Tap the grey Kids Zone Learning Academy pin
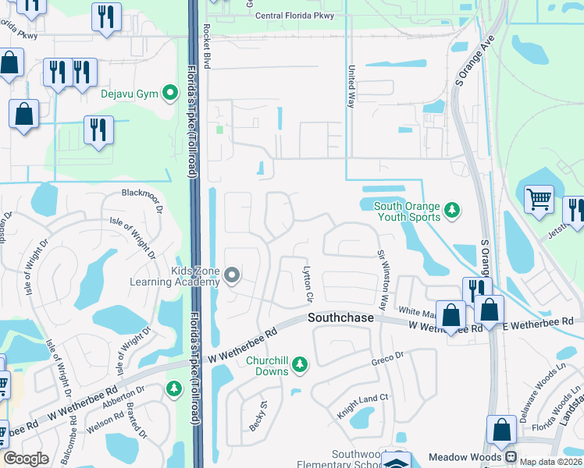tap(231, 275)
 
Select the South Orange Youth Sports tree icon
tap(450, 211)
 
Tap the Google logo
tap(26, 459)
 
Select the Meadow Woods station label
tap(468, 456)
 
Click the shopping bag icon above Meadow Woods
tap(500, 430)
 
